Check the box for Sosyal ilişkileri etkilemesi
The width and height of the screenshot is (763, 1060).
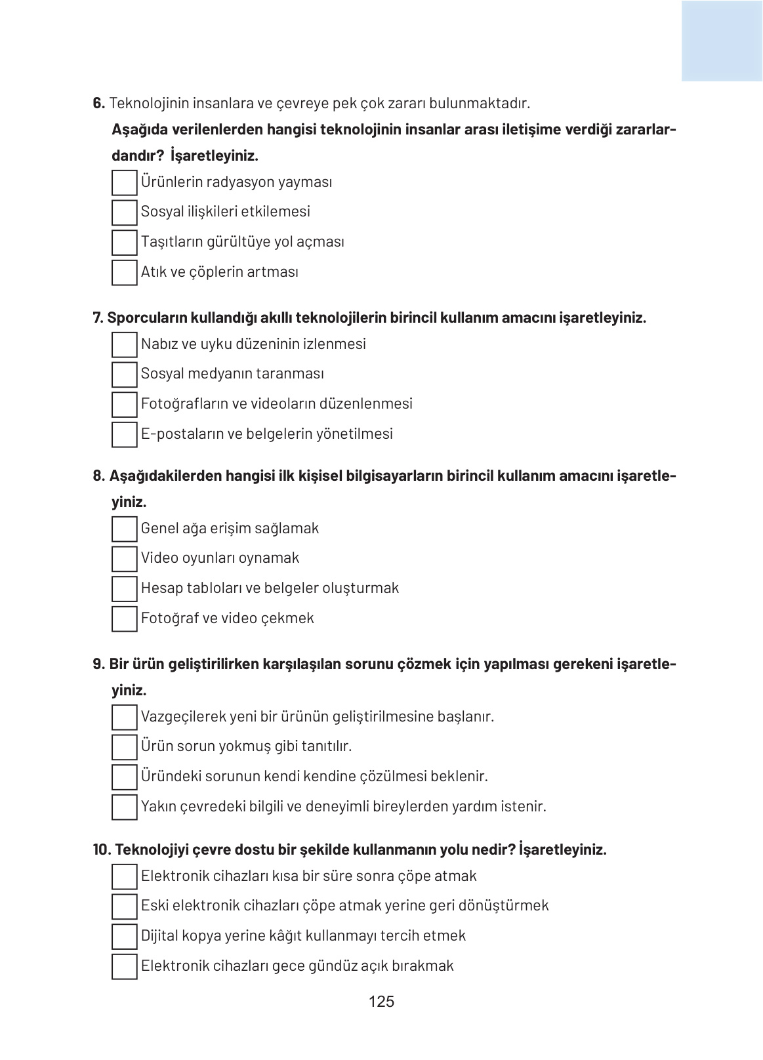click(124, 213)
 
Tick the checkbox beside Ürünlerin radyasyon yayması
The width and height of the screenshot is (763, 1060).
click(124, 182)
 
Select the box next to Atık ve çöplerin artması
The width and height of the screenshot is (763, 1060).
click(124, 272)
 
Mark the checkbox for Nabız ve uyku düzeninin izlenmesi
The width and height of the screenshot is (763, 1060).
click(124, 344)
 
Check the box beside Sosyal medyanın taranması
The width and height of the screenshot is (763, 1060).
click(124, 375)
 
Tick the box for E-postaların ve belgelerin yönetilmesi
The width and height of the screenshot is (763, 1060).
click(124, 434)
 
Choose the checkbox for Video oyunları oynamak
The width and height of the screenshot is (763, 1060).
click(124, 559)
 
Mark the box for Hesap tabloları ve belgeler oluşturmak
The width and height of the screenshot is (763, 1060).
click(124, 588)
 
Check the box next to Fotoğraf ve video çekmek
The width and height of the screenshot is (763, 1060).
click(124, 619)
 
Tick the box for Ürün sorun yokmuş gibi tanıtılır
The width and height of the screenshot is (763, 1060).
click(124, 747)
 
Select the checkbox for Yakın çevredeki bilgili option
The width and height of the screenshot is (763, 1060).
click(124, 807)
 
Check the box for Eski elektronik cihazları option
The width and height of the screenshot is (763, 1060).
click(124, 907)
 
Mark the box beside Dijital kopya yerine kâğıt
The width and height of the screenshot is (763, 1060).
click(124, 936)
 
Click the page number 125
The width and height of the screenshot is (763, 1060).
click(381, 1002)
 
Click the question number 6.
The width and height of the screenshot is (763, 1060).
click(98, 103)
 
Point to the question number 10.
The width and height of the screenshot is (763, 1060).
click(102, 850)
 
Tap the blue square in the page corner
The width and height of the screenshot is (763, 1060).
click(722, 41)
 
